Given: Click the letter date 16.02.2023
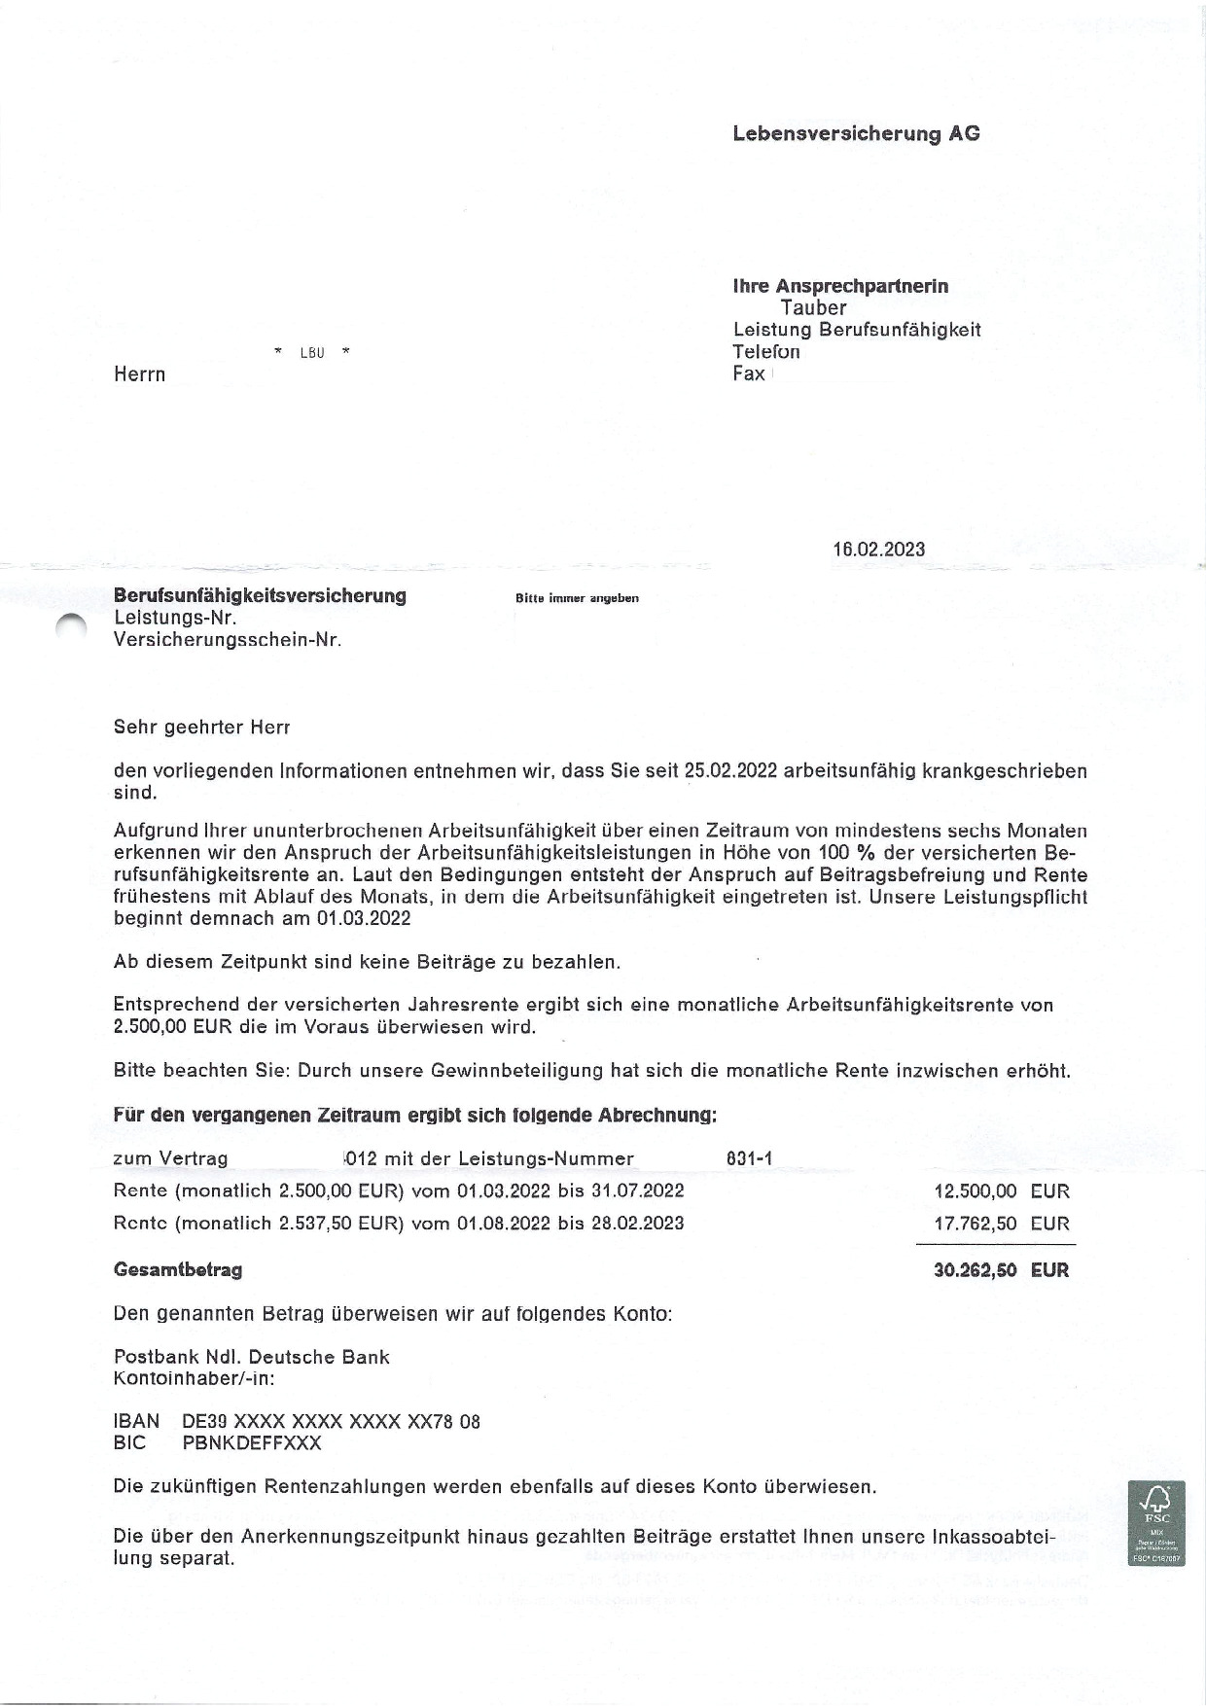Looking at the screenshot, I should tap(878, 550).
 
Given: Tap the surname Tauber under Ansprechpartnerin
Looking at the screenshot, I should tap(813, 307).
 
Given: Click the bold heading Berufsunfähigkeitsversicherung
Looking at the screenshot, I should tap(260, 595).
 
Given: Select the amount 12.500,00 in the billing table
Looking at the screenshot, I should tap(975, 1191).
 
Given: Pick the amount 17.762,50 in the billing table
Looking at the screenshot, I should tap(975, 1224).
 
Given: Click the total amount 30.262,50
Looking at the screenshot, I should tap(975, 1270).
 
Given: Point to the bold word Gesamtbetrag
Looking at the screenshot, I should tap(178, 1270).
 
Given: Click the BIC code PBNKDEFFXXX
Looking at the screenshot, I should tap(251, 1443).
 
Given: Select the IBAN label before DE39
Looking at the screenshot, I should tap(136, 1421).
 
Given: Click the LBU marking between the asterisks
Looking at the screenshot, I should tap(311, 353).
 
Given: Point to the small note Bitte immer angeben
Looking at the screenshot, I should tap(577, 598).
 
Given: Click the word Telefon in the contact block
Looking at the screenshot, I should tap(766, 351).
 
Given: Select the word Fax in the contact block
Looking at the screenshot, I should tap(748, 373).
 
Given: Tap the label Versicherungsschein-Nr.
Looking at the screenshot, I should tap(228, 640).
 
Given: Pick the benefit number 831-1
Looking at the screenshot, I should tap(749, 1158).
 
